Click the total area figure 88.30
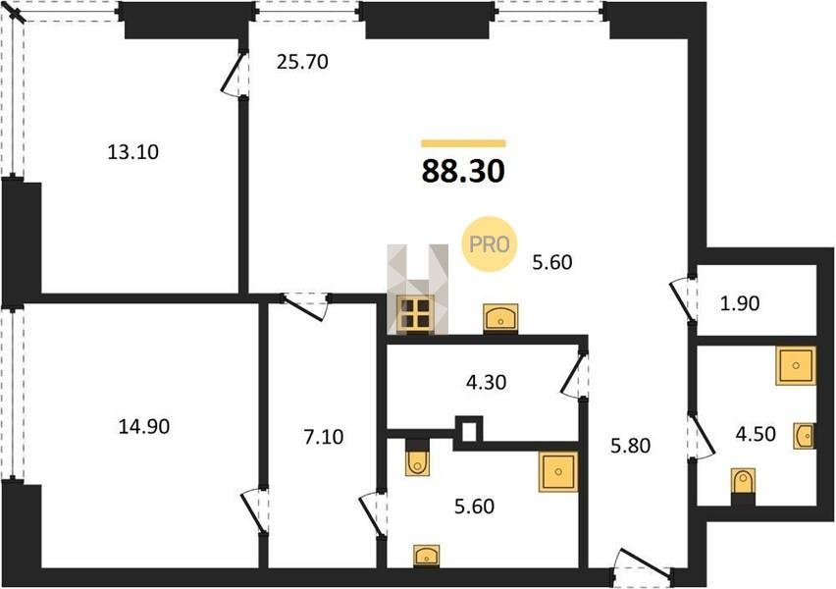(x=463, y=171)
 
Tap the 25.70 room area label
(x=302, y=63)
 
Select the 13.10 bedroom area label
(x=133, y=152)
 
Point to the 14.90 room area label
(x=144, y=426)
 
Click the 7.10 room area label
(x=324, y=437)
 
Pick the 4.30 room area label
(x=487, y=382)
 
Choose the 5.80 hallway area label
(x=630, y=445)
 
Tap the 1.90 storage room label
(x=740, y=303)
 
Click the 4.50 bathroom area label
(x=756, y=434)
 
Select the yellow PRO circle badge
(x=490, y=243)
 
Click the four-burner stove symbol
(x=416, y=314)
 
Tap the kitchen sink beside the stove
(x=500, y=318)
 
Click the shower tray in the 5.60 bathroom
(x=558, y=471)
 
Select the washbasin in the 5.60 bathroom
(x=427, y=557)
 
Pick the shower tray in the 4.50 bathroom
(x=796, y=365)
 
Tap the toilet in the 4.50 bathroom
(x=743, y=486)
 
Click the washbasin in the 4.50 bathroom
(x=804, y=436)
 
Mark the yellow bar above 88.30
(x=463, y=143)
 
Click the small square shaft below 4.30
(x=469, y=431)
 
